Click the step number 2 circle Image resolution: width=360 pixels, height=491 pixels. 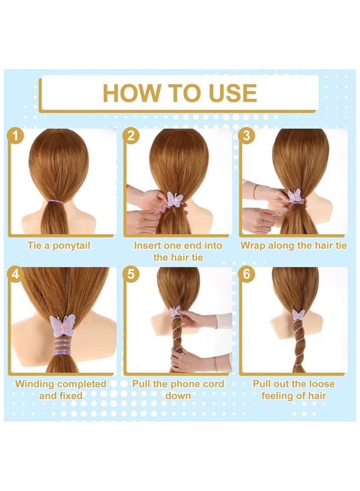(x=131, y=136)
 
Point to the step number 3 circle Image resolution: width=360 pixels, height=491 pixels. (x=247, y=136)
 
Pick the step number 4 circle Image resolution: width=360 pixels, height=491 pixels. (x=15, y=274)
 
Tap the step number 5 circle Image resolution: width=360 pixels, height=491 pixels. (x=131, y=274)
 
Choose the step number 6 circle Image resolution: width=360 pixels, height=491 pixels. (x=247, y=274)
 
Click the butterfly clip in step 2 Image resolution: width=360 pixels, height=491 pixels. (x=175, y=199)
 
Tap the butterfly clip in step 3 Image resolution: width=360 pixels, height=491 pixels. (x=294, y=196)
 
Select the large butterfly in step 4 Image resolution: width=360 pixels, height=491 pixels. (x=62, y=325)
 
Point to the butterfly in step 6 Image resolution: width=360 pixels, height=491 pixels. (x=298, y=315)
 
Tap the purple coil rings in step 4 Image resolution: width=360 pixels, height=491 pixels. (x=62, y=347)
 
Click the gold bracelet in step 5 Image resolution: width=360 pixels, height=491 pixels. (x=215, y=363)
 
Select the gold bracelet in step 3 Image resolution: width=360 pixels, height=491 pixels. (x=256, y=191)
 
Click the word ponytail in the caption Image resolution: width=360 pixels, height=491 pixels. (x=72, y=246)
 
